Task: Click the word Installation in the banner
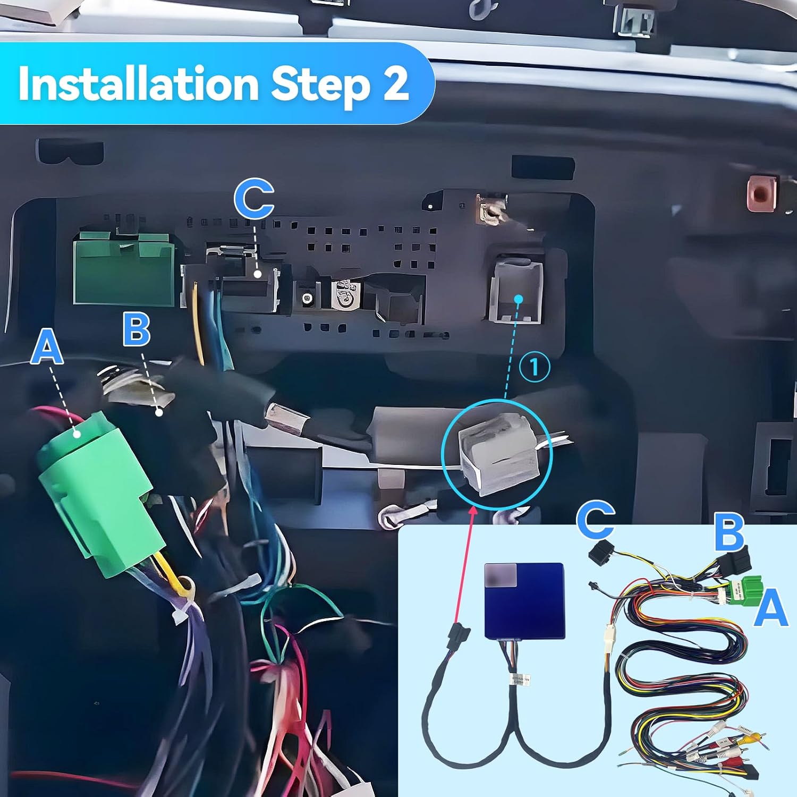pos(138,83)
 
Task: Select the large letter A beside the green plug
pos(47,346)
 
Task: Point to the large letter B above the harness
pos(137,329)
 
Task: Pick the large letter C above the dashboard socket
pos(254,199)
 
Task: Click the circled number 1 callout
pos(534,367)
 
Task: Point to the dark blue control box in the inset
pos(524,600)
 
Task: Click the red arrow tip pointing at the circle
pos(472,508)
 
